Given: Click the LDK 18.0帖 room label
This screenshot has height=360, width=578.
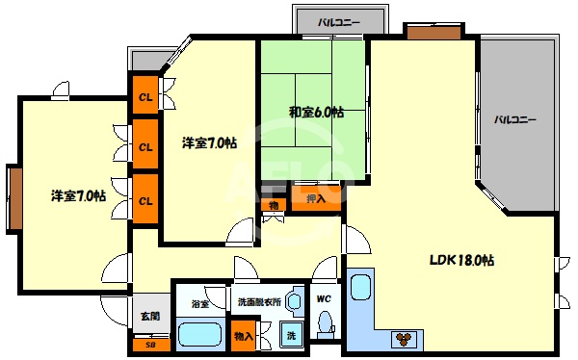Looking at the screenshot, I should pyautogui.click(x=462, y=261).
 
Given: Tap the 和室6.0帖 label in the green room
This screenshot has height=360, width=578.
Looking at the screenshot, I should pyautogui.click(x=316, y=112).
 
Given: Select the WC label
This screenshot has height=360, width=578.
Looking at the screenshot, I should pyautogui.click(x=324, y=298).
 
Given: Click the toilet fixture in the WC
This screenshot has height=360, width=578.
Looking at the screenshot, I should pyautogui.click(x=325, y=321).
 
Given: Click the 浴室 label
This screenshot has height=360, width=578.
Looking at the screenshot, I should pyautogui.click(x=200, y=302).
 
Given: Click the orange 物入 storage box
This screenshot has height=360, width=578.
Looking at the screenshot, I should pyautogui.click(x=244, y=336).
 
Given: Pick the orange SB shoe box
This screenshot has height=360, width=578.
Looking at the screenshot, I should pyautogui.click(x=149, y=344).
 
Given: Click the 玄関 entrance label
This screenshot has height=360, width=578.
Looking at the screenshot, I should pyautogui.click(x=149, y=315).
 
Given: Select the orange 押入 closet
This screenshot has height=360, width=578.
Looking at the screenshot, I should pyautogui.click(x=316, y=199).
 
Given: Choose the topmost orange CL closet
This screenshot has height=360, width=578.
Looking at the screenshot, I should pyautogui.click(x=145, y=96).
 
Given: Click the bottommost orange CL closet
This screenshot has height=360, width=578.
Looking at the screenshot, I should pyautogui.click(x=145, y=200).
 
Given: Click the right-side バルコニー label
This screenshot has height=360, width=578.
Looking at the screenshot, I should pyautogui.click(x=515, y=120).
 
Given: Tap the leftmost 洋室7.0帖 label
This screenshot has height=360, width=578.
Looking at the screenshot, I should pyautogui.click(x=78, y=196).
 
